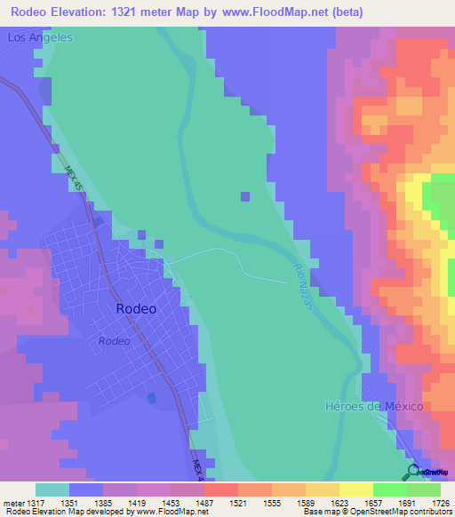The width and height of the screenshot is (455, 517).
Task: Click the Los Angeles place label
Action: click(39, 38)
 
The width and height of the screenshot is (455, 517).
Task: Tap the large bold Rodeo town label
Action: click(136, 309)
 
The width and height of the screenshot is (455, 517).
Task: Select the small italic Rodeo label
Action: click(115, 341)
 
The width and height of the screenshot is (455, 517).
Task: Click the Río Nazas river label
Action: click(304, 286)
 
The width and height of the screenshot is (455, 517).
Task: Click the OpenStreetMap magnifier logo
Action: click(413, 471)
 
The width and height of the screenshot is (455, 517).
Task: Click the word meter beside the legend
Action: click(15, 502)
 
